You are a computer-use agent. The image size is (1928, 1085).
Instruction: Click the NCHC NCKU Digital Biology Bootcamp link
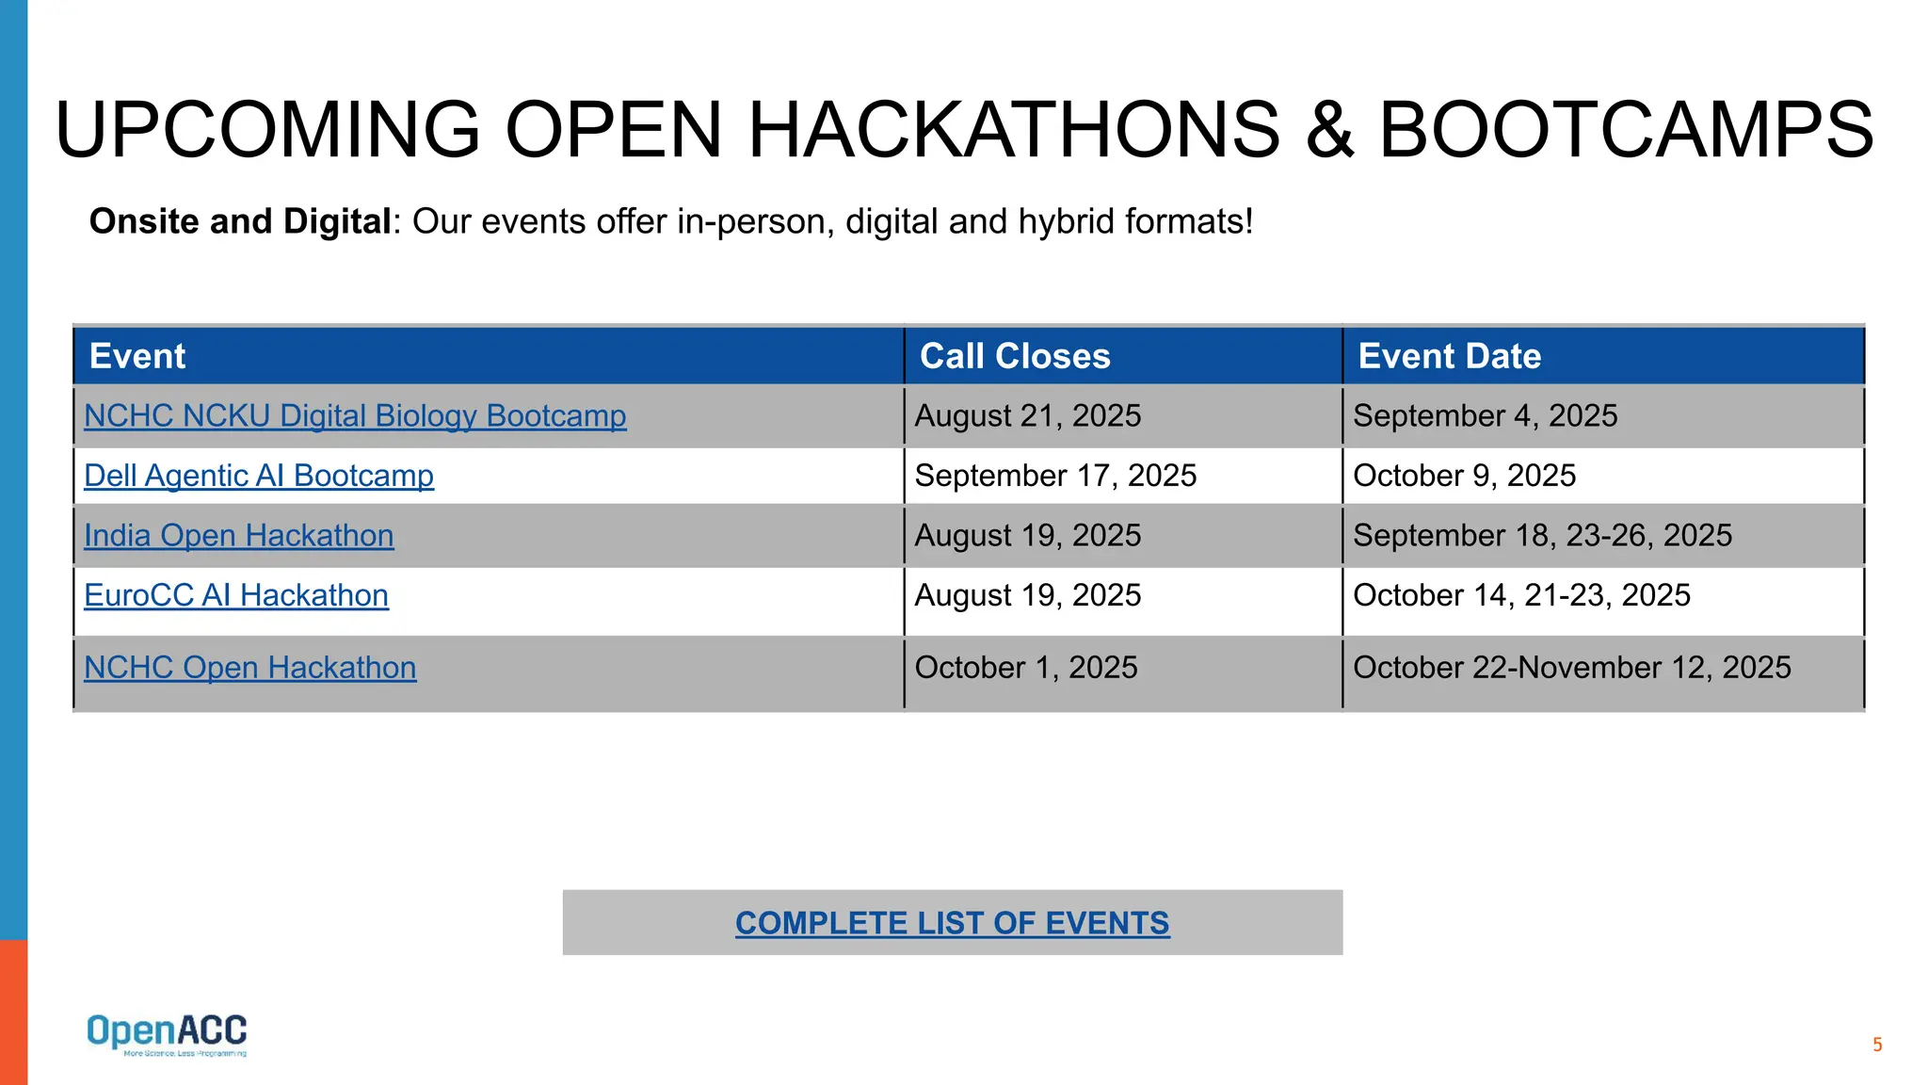[355, 415]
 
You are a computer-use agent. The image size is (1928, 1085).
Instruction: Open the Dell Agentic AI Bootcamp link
[259, 476]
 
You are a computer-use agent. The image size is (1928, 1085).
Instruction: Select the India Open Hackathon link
[239, 535]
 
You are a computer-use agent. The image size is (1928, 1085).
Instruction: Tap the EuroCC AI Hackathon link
[236, 595]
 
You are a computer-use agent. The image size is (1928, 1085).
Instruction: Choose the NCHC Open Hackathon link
[250, 667]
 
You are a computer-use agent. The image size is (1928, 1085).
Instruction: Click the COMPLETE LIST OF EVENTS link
[952, 923]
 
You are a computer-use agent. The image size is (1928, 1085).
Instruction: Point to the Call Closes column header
[1015, 356]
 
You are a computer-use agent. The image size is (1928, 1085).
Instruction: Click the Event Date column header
[1450, 356]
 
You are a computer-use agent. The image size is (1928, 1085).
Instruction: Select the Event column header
[137, 356]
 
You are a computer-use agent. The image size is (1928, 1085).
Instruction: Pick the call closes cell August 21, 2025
[1028, 415]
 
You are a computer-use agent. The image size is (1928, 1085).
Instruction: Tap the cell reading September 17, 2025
[1055, 476]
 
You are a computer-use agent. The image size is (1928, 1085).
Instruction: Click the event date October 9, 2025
[1464, 476]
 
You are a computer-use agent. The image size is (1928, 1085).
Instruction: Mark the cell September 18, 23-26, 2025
[1542, 535]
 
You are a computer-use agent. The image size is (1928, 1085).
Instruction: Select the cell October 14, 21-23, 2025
[1521, 595]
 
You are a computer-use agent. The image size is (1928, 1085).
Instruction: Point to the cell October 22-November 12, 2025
[1571, 667]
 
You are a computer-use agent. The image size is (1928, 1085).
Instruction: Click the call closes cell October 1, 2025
[1026, 667]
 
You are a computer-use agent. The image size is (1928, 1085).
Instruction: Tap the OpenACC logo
[167, 1033]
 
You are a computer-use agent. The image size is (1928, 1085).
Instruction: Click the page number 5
[1877, 1045]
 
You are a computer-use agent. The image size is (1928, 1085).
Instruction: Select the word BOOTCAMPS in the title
[1626, 130]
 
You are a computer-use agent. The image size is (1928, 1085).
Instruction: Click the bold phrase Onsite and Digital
[240, 221]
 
